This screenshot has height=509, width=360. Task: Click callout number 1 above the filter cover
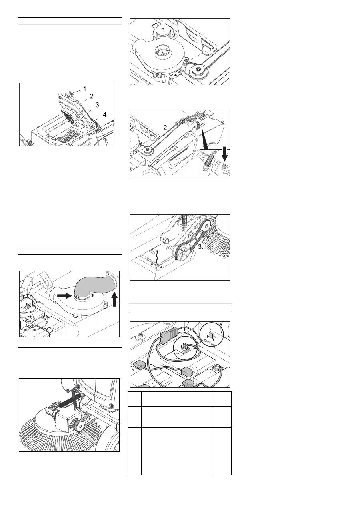[84, 89]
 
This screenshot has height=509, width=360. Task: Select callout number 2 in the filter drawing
[92, 96]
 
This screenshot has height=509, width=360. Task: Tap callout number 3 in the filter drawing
[97, 105]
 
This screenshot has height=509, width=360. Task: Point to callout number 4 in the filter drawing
[104, 114]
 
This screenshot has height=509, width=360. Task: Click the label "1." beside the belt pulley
[186, 69]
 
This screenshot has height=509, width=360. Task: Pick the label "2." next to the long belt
[166, 128]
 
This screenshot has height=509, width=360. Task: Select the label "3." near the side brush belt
[200, 247]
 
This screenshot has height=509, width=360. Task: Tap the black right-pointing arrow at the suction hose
[64, 296]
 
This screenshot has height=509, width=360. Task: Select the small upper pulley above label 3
[206, 226]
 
